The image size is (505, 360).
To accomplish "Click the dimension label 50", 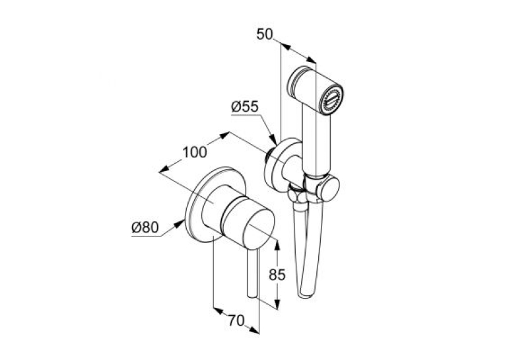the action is point(265,34).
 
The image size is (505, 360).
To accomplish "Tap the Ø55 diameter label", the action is point(245,106).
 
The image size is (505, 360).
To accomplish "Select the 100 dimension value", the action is point(195,152).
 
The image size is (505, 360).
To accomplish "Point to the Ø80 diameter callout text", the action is point(145,227).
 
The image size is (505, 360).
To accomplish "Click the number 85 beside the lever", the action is point(277,275).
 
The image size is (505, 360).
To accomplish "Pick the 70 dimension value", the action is point(236,320).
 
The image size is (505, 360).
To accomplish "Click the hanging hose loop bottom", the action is point(306,294).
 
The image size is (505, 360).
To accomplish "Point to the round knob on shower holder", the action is point(328,190).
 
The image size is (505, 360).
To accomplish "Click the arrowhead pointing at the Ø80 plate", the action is point(180,223).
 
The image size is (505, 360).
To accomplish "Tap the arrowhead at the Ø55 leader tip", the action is point(273,140).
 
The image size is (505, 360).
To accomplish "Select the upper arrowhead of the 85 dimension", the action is point(277,246).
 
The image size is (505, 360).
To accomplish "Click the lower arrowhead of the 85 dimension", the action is point(277,304).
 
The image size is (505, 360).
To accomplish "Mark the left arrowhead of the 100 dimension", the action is point(165,168).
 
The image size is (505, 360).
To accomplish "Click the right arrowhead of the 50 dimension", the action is point(311,60).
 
